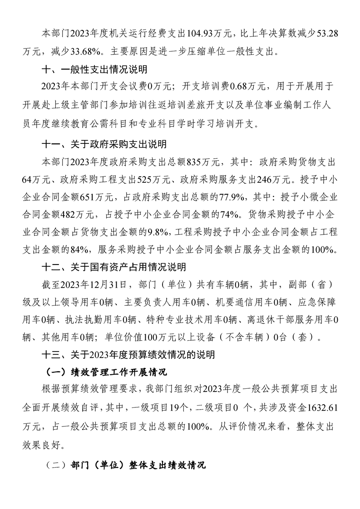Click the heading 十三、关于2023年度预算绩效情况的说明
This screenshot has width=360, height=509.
pyautogui.click(x=128, y=355)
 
